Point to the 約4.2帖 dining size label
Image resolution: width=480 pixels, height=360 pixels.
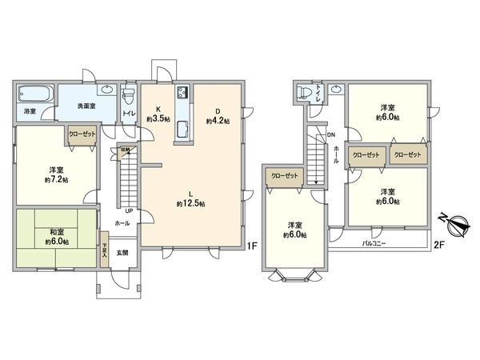(x=218, y=122)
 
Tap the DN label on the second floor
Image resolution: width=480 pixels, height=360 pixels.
(x=331, y=135)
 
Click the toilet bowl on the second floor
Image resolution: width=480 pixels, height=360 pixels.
(x=303, y=93)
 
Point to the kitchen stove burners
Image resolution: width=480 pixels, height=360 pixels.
(x=182, y=90)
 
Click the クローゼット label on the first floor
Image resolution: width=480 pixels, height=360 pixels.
(x=82, y=136)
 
